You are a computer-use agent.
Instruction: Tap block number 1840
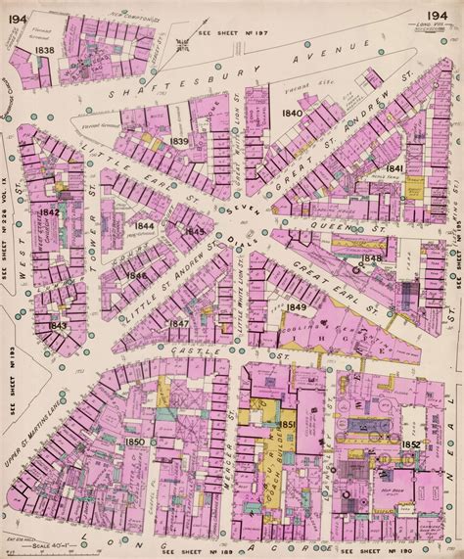292,114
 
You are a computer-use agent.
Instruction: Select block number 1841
394,169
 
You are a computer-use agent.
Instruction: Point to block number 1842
49,211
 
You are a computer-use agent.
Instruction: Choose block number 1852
411,446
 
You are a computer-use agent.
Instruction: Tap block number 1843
58,326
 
